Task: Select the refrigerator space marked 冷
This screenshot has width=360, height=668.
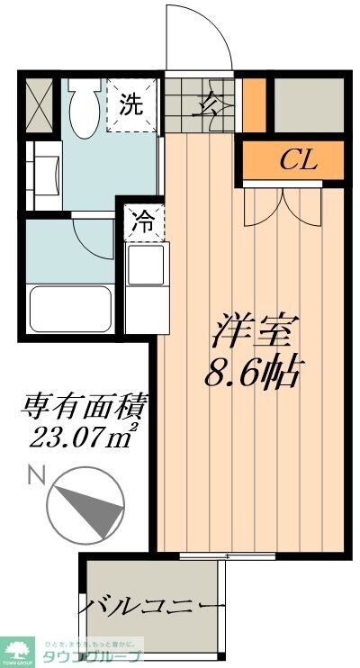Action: tap(143, 221)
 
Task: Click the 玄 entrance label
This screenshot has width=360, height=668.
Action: tap(206, 104)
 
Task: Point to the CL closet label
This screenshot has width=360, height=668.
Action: tap(295, 162)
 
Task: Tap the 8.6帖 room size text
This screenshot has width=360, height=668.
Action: tap(253, 372)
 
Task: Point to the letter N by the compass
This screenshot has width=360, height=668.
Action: tap(34, 474)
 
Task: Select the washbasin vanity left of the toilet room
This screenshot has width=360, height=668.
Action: tap(44, 171)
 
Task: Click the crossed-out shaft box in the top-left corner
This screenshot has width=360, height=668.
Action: tap(40, 105)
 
